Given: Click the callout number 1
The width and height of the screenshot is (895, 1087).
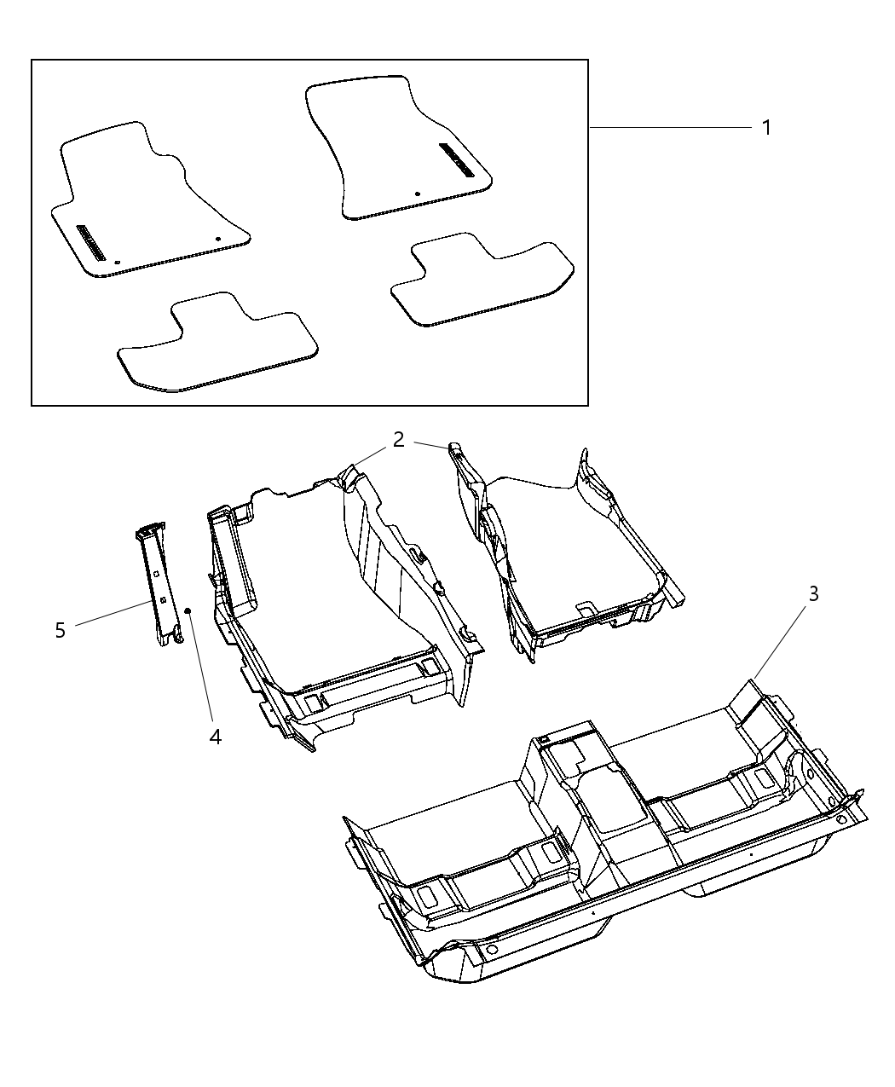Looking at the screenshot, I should click(766, 128).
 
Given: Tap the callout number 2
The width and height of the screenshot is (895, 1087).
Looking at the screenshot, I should click(399, 440).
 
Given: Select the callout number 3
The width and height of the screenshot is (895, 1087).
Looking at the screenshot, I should click(814, 593).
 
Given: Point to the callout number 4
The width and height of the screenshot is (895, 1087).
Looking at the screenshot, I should click(216, 736).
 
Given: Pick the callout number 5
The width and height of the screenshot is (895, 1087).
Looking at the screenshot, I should click(60, 631).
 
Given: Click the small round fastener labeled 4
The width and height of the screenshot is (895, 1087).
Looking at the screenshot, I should click(188, 610).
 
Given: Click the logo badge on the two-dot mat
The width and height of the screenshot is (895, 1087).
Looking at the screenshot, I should click(90, 242).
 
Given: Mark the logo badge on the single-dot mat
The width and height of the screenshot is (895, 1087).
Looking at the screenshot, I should click(457, 159).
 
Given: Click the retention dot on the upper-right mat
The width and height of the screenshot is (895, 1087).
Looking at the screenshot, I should click(417, 194).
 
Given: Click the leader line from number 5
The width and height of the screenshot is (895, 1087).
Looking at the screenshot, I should click(111, 615).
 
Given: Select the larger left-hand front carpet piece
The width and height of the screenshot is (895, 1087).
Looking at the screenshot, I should click(341, 597).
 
